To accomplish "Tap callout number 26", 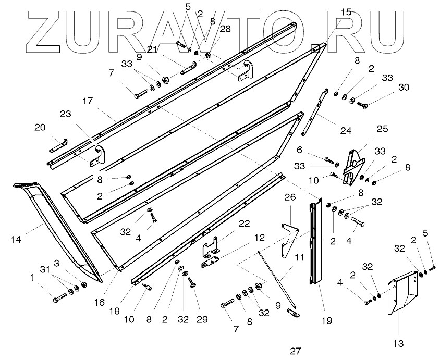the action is click(290, 198).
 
